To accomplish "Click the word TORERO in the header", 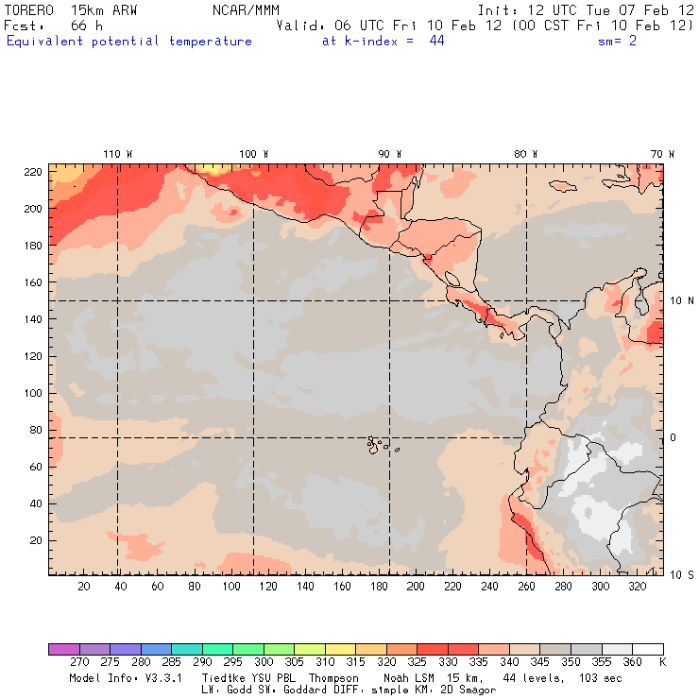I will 29,9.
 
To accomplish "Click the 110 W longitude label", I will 117,153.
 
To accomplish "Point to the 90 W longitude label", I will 389,153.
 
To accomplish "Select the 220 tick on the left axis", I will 34,171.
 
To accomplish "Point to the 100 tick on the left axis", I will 34,393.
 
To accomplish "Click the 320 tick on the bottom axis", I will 637,587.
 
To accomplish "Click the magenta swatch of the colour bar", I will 63,649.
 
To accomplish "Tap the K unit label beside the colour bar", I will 662,663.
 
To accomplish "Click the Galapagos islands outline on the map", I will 378,443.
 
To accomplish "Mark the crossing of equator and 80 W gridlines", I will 526,437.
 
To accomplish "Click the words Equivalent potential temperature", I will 129,42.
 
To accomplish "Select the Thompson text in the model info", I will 332,678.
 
